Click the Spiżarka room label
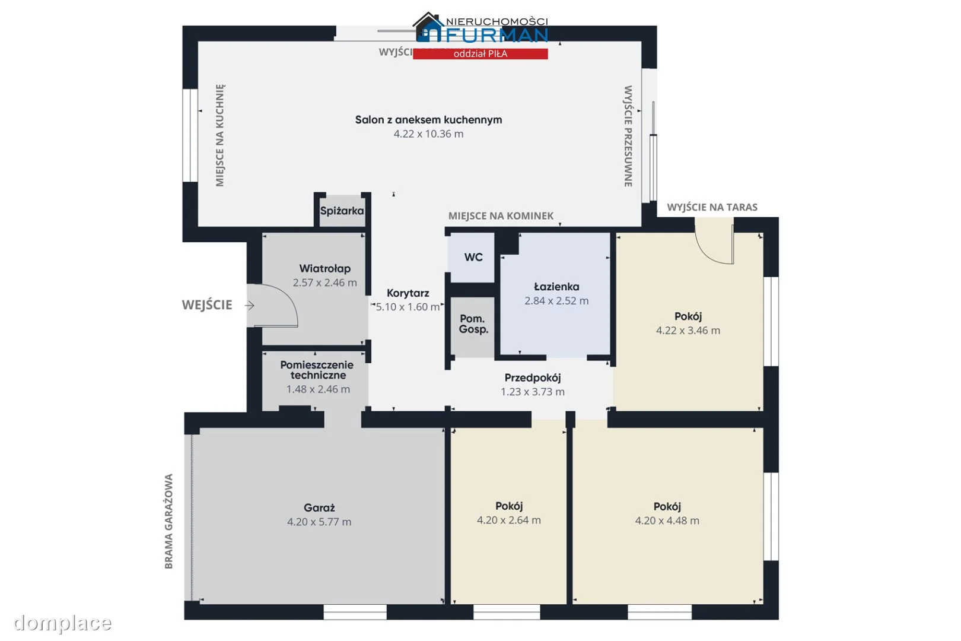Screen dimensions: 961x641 click(x=342, y=211)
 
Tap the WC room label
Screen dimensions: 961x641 click(x=473, y=257)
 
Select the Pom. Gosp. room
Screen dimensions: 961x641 click(x=473, y=327)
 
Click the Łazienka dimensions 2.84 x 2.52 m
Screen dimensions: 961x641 click(x=556, y=300)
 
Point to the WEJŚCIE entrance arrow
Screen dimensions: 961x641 click(x=250, y=305)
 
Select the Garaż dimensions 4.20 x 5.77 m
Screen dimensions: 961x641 click(x=319, y=522)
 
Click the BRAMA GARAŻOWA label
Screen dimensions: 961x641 click(x=168, y=522)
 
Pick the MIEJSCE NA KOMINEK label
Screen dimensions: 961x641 click(x=501, y=215)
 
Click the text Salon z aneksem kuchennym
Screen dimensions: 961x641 click(x=428, y=120)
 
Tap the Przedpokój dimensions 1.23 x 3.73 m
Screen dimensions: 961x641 click(x=533, y=392)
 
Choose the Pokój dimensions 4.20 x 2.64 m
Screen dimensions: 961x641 click(x=509, y=520)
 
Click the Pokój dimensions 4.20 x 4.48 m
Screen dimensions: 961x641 click(x=667, y=521)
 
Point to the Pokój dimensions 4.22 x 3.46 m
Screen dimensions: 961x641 click(x=688, y=330)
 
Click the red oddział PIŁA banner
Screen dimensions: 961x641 click(x=480, y=53)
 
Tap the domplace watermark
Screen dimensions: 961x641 click(x=63, y=623)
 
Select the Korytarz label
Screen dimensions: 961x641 click(x=408, y=293)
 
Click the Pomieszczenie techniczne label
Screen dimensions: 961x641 click(x=317, y=370)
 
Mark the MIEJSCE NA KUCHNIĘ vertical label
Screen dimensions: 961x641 click(x=219, y=135)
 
